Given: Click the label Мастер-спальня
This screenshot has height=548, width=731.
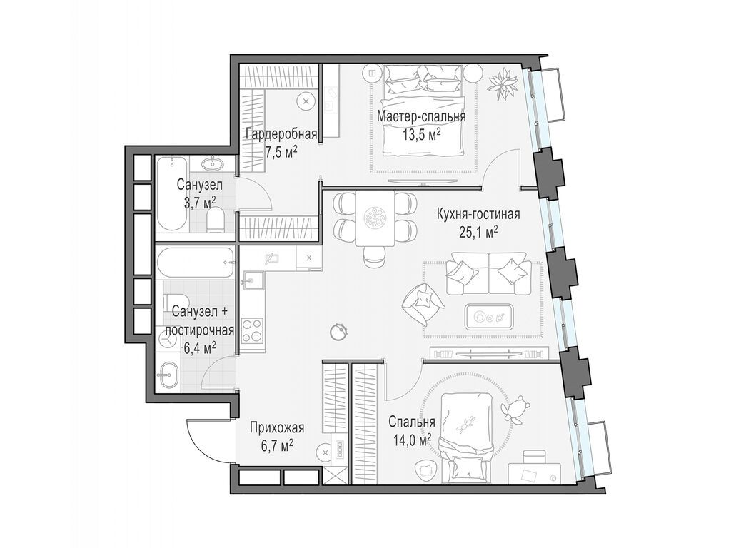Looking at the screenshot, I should pyautogui.click(x=421, y=116).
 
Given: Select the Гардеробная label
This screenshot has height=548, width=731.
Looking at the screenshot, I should pyautogui.click(x=271, y=134).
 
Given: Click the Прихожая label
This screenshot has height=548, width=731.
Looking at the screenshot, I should pyautogui.click(x=277, y=428).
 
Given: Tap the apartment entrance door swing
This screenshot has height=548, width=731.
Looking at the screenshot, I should pyautogui.click(x=207, y=437).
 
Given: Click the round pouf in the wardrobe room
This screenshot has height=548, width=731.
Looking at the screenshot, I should pyautogui.click(x=306, y=101).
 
